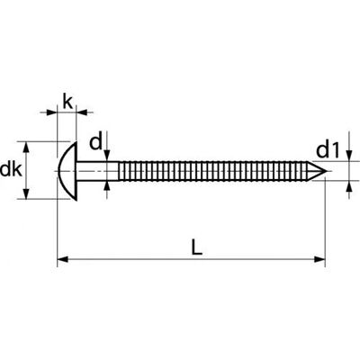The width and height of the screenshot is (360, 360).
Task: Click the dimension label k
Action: tap(67, 102)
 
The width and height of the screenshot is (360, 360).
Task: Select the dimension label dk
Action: tap(11, 170)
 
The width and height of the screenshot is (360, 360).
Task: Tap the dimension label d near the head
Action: tap(96, 142)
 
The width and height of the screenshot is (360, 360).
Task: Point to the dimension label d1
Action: tap(328, 150)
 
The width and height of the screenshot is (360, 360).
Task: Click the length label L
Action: tap(197, 247)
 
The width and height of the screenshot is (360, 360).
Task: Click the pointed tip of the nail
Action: tap(327, 171)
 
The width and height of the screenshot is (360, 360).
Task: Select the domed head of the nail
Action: tap(67, 171)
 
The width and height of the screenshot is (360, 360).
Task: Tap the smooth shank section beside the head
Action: tap(98, 171)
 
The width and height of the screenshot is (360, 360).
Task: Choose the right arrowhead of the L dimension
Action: tap(319, 259)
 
